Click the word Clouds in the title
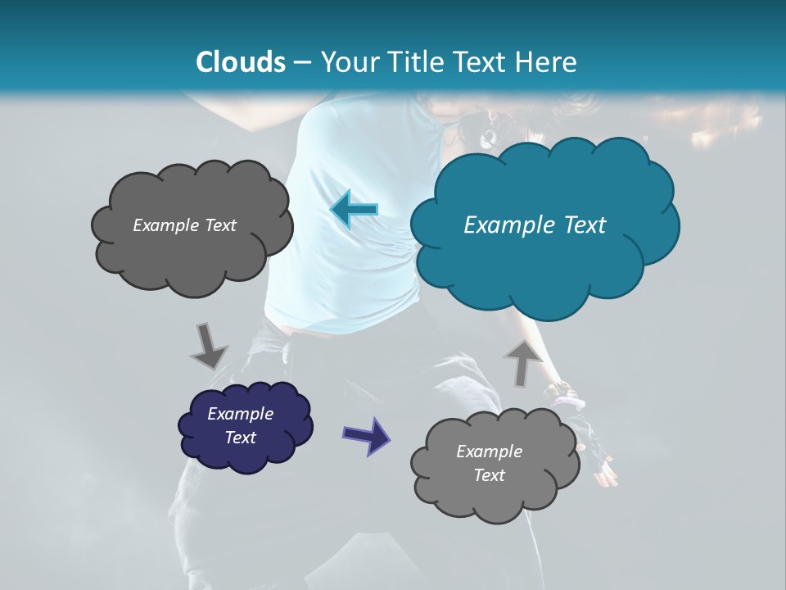(x=241, y=62)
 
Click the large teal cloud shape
(x=544, y=246)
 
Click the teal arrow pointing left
(x=354, y=210)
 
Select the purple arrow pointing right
(x=366, y=434)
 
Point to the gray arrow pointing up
(x=522, y=363)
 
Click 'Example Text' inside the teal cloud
(x=535, y=225)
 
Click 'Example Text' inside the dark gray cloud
(x=184, y=225)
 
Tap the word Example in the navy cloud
(x=240, y=414)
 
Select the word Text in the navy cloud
(x=240, y=438)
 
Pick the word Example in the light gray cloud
(x=489, y=452)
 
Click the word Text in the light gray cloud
(x=489, y=475)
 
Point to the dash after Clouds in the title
(x=302, y=62)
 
